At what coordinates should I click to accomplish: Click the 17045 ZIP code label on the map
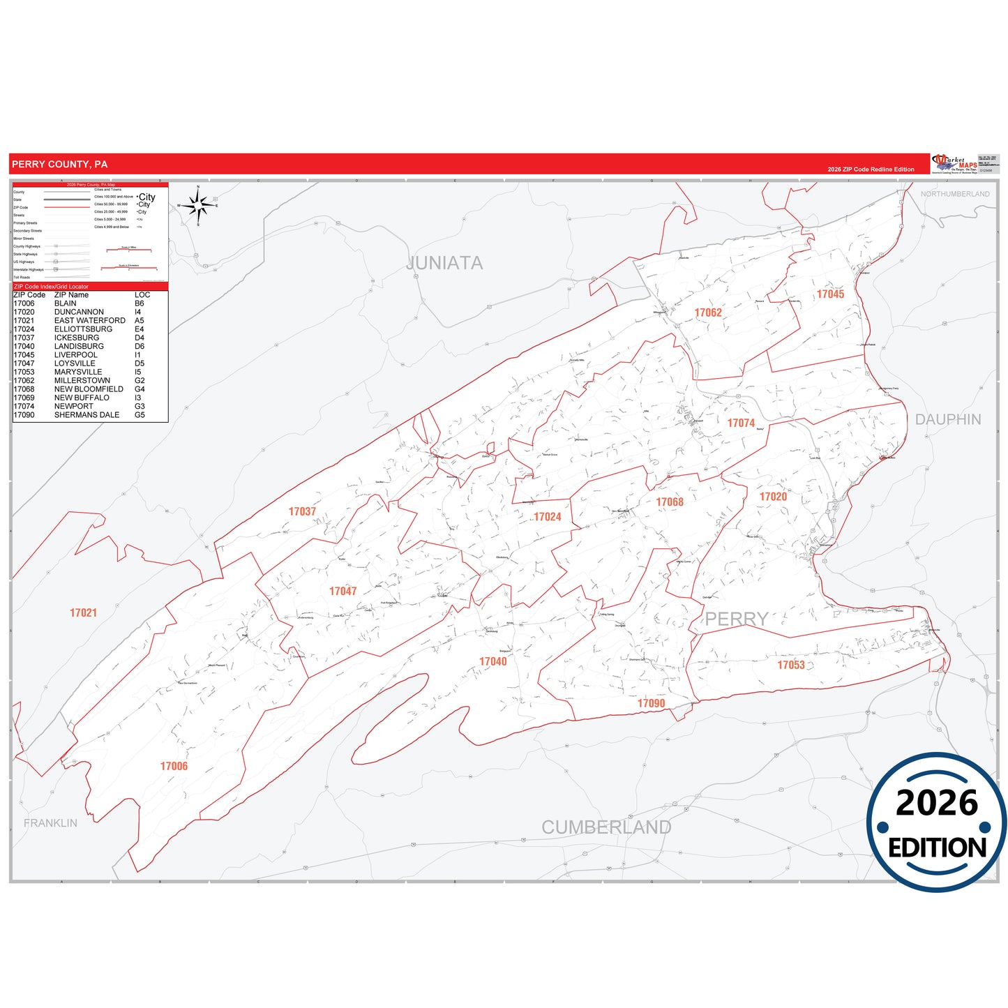(830, 294)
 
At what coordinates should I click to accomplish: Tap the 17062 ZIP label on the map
(708, 313)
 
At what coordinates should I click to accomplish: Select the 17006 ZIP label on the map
(174, 766)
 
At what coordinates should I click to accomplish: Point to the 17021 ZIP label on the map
(83, 612)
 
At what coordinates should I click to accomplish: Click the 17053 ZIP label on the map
(791, 665)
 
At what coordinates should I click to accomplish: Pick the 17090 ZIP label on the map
(651, 703)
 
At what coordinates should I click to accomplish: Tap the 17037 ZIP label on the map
(302, 511)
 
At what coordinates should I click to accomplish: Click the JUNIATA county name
(444, 263)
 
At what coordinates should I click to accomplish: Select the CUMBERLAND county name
(606, 827)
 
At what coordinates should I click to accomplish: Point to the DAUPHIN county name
(948, 419)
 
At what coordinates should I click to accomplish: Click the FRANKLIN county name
(50, 823)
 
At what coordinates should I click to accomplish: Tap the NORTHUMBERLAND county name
(954, 194)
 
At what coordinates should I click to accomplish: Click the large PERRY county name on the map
(736, 619)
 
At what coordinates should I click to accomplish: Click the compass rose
(199, 206)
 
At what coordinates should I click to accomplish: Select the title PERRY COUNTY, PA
(59, 164)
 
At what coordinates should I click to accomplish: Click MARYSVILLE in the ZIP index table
(78, 372)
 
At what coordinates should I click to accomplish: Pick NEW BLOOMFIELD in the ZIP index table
(89, 389)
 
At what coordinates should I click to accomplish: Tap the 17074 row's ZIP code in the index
(24, 406)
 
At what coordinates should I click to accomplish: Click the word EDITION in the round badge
(937, 848)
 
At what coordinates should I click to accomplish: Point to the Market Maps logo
(955, 163)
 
